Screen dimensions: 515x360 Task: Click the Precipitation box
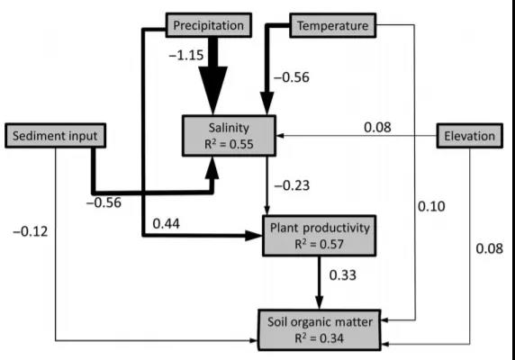pos(209,25)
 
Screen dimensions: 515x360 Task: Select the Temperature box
pos(333,25)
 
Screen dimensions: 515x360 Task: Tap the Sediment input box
pos(55,136)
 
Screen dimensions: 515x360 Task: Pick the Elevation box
pos(469,136)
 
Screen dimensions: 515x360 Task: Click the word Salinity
pos(229,128)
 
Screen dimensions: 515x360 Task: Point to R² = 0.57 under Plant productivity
pos(319,244)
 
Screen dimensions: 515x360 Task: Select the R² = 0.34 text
pos(319,338)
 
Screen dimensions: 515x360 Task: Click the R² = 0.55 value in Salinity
pos(229,144)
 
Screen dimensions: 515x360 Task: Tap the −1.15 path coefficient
pos(186,55)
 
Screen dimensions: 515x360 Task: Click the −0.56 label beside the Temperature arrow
pos(292,77)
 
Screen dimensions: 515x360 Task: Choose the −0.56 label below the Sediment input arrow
pos(104,202)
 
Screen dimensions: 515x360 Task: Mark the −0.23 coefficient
pos(292,185)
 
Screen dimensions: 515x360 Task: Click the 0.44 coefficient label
pos(167,223)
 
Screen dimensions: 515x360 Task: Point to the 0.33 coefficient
pos(342,275)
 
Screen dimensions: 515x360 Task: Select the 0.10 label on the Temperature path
pos(431,206)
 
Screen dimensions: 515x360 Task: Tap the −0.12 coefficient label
pos(31,231)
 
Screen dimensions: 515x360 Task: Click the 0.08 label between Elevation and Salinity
pos(378,127)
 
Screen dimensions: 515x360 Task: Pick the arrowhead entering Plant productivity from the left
pos(254,236)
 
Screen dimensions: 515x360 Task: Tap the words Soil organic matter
pos(320,322)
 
